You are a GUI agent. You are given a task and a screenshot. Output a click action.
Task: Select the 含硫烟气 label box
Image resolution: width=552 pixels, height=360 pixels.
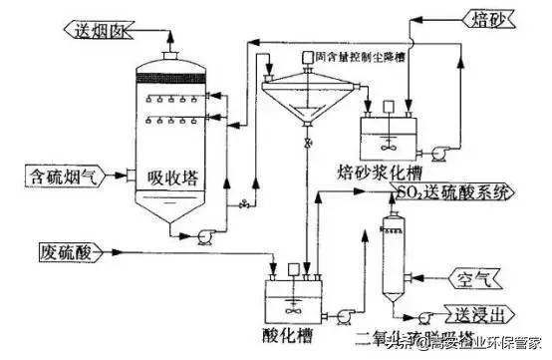point(62,178)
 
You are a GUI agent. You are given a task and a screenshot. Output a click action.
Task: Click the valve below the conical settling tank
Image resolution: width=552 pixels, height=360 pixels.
point(308,146)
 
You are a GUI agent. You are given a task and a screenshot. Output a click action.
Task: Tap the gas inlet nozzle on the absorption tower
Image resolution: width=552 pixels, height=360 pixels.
point(128,178)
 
